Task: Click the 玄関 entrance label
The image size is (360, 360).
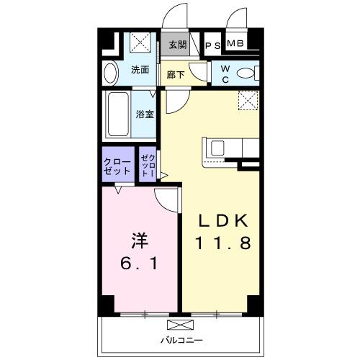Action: (178, 45)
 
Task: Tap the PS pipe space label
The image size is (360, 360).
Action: (213, 45)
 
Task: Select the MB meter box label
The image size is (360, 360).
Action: (236, 45)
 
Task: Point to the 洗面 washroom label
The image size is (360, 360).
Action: (140, 71)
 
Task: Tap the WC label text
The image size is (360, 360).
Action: (225, 75)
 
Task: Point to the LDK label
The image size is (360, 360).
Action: (221, 219)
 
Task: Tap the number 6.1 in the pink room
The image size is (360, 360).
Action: (140, 264)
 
